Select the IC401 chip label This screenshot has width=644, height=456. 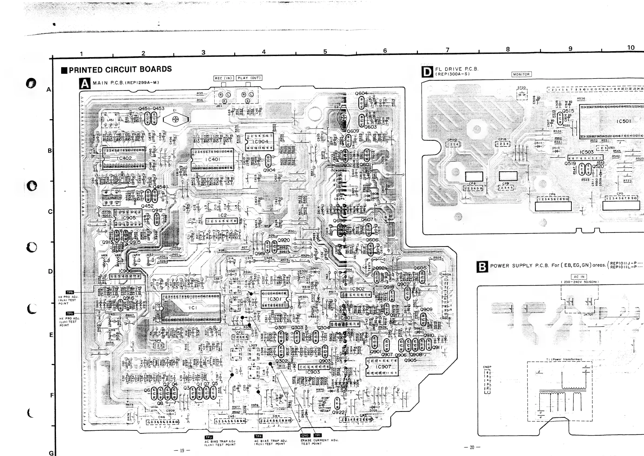tap(213, 159)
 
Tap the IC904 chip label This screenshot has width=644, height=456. tap(260, 142)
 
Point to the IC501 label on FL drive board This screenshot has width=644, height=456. tap(623, 121)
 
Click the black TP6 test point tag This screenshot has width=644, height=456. tap(69, 292)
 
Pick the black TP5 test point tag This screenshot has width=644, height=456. tap(70, 313)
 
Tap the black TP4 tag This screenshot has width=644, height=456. tap(258, 436)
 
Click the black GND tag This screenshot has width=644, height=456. tap(305, 435)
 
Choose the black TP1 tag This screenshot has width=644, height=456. tap(318, 435)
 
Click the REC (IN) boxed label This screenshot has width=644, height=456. tap(223, 78)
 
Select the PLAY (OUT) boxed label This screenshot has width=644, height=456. tap(249, 78)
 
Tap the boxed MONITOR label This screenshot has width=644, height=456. tap(521, 74)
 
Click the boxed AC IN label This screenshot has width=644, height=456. tap(579, 276)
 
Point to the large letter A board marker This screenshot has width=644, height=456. tap(85, 83)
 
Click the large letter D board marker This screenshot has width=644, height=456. tap(427, 72)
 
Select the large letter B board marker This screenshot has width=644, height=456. tap(482, 267)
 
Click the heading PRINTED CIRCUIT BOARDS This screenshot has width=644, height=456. tap(120, 69)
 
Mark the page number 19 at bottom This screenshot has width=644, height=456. tap(182, 450)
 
